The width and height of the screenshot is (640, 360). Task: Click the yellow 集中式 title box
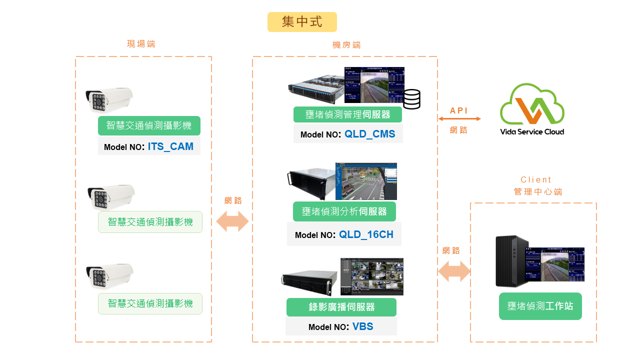(x=302, y=22)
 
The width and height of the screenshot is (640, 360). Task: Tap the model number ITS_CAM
(x=170, y=147)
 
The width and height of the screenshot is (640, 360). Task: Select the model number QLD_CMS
(x=369, y=134)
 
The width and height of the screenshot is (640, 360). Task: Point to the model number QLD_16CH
(x=366, y=234)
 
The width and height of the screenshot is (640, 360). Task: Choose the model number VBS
(x=362, y=327)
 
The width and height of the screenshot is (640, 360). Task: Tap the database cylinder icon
(x=411, y=99)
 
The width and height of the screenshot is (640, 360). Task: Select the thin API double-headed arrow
(x=459, y=119)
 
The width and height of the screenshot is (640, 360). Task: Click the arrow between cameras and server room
(x=232, y=221)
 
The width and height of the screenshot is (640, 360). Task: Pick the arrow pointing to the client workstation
(x=454, y=271)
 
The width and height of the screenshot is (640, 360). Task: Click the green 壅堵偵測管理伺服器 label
(x=347, y=114)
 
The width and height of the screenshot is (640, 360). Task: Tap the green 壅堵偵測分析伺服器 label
(x=344, y=211)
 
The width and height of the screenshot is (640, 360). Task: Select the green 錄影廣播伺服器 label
(x=341, y=307)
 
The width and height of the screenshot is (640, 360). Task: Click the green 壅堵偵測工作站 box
(x=540, y=306)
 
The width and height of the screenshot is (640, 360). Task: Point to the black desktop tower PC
(x=511, y=260)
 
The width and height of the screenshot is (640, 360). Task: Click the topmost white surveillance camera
(x=109, y=99)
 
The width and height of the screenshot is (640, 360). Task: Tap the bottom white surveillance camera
(x=110, y=275)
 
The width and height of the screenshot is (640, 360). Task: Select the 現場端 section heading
(x=141, y=44)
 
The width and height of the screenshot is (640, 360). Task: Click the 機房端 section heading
(x=346, y=45)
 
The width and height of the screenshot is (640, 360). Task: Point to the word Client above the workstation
(x=535, y=179)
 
